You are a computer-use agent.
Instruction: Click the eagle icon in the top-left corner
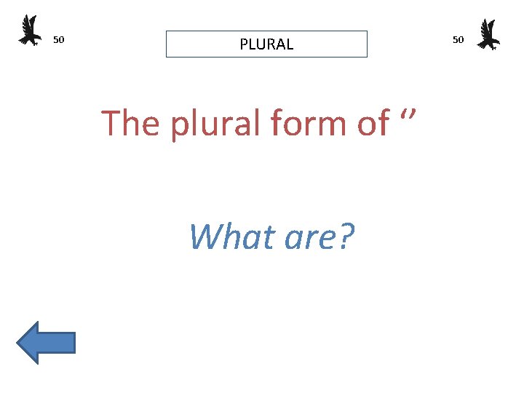30,31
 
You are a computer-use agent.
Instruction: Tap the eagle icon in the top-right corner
488,34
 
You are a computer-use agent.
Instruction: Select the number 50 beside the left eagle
59,39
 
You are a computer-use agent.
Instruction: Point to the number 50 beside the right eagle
458,39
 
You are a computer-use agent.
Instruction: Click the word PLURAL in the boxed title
266,44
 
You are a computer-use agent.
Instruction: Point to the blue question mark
346,237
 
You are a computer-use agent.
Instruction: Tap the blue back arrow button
46,342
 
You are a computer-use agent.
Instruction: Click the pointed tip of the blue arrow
18,342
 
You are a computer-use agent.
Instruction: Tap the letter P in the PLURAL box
244,44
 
